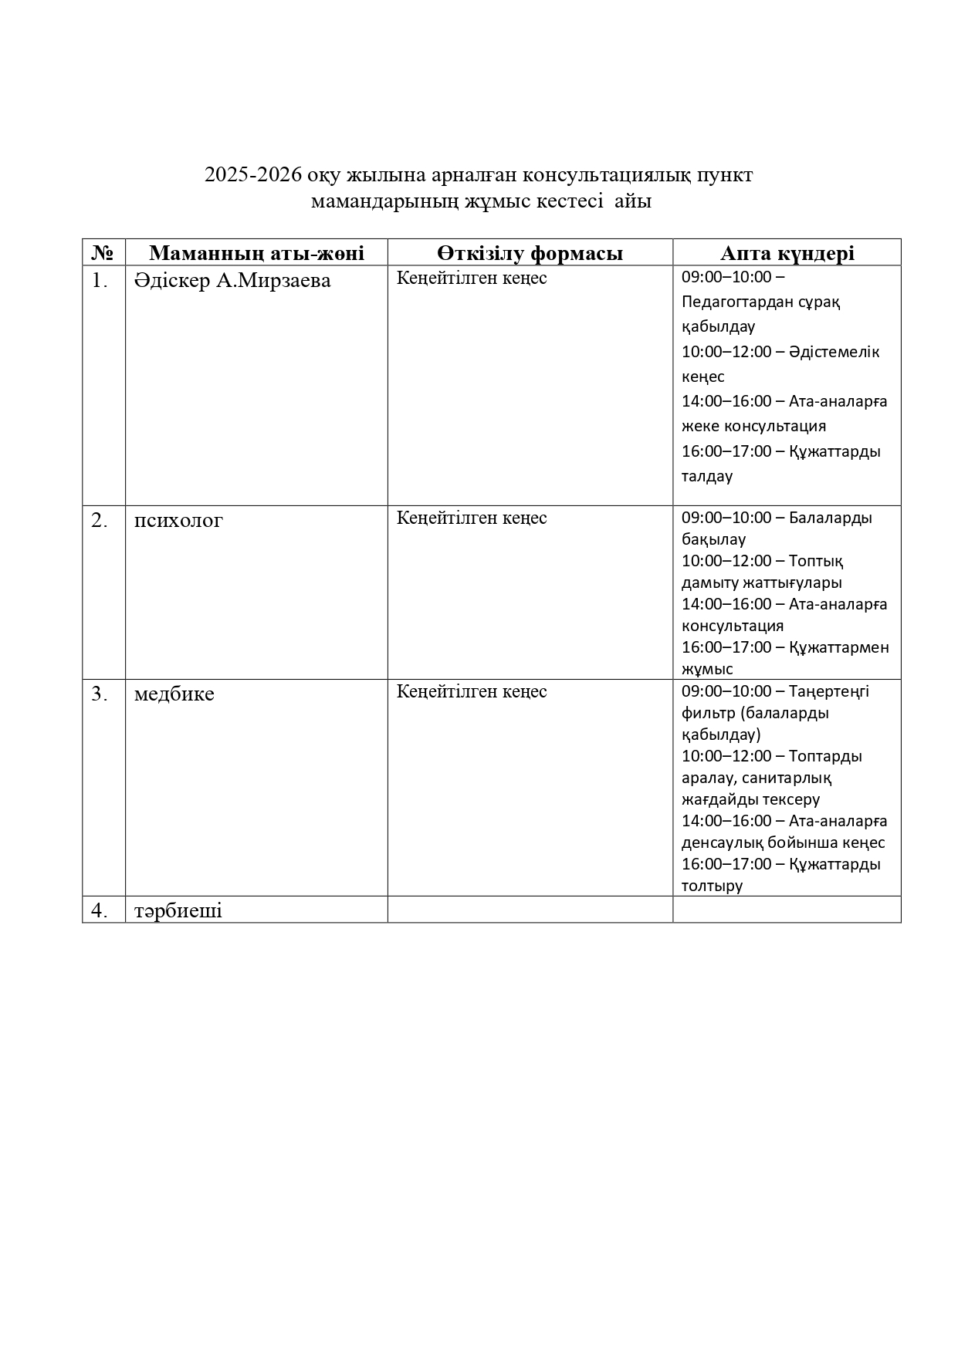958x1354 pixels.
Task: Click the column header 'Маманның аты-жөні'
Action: point(256,253)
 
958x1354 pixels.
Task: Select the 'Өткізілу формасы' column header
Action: point(530,253)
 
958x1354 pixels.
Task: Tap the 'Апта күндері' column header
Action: point(787,253)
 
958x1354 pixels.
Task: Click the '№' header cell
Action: point(103,253)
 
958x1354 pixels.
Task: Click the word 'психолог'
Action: point(178,521)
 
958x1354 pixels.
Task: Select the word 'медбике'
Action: point(174,694)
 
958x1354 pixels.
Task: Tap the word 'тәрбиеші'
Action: point(178,910)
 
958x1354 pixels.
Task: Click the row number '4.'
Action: point(100,910)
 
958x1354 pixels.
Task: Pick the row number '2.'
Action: point(100,521)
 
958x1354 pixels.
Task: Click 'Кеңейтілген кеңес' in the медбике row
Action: point(472,692)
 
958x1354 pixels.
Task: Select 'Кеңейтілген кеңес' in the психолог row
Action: point(472,518)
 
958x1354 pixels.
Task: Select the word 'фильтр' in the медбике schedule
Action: point(706,713)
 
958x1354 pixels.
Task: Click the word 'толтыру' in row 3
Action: point(712,886)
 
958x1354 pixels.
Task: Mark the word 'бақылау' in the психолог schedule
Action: point(713,539)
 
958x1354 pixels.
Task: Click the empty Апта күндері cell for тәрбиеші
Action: point(787,910)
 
